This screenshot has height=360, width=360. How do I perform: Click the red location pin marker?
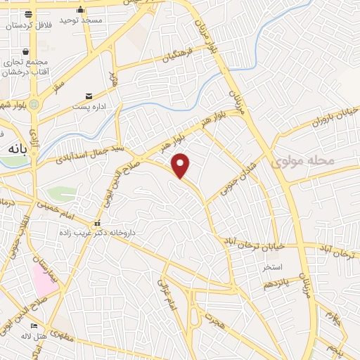point(181,165)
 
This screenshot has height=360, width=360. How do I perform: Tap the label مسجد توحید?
point(82,20)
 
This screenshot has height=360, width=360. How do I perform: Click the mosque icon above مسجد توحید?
point(82,10)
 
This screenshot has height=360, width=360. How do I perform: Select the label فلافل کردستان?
point(30,25)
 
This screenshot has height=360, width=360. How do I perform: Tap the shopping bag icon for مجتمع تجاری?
point(26,52)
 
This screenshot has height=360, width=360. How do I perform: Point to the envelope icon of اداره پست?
point(88,96)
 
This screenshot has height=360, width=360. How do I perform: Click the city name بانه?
point(15,150)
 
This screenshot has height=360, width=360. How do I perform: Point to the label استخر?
point(272,268)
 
